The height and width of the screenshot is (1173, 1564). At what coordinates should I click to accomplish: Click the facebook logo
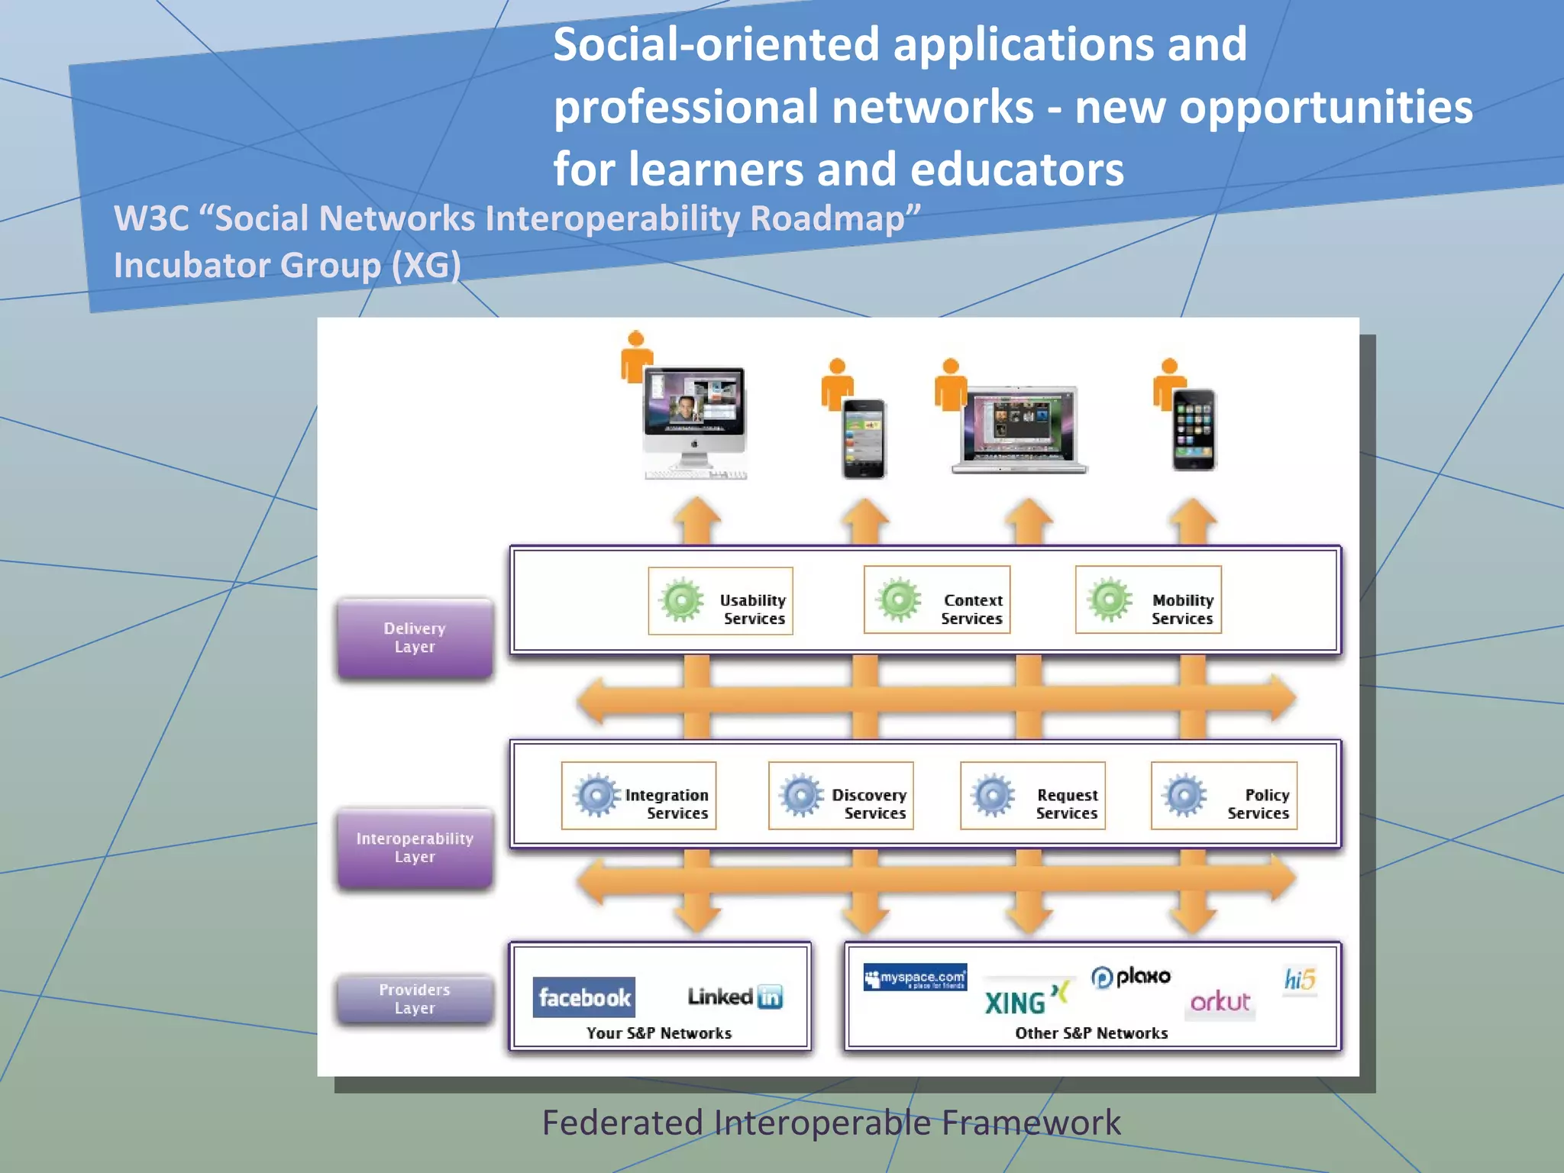pos(584,997)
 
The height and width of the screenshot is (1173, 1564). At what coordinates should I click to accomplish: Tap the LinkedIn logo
pos(735,997)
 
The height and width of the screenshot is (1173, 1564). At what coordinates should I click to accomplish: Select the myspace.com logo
pos(915,977)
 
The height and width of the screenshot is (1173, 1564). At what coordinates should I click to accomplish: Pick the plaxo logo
pos(1131,977)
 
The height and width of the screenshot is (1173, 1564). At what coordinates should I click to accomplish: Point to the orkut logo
pos(1220,1001)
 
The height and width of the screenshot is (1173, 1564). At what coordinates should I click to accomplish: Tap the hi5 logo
pos(1300,979)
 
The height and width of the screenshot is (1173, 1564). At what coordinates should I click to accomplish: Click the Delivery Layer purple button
pos(415,638)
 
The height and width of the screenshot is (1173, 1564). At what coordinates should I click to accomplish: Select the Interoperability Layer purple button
pos(415,848)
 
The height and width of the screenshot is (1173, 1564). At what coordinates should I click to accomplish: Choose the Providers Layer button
pos(415,998)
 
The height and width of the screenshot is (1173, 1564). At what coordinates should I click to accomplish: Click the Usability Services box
pos(720,601)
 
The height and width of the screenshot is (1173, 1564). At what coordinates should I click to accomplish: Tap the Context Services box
pos(937,600)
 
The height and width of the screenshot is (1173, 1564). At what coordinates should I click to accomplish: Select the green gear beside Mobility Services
pos(1109,599)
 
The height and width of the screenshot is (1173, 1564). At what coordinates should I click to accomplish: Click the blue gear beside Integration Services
pos(596,795)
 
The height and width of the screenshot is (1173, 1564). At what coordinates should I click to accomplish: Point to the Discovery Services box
pos(841,796)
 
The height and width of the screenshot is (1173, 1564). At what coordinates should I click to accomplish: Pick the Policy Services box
pos(1224,796)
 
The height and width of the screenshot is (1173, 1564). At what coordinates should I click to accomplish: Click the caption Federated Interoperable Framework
pos(831,1123)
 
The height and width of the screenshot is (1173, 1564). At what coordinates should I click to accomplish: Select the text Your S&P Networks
pos(659,1033)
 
